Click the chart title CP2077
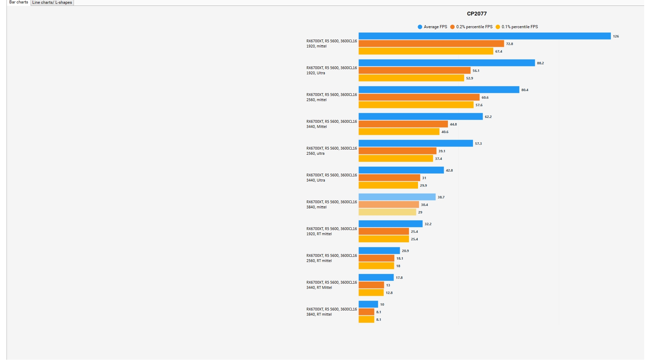[x=476, y=14]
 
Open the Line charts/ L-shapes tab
[x=52, y=2]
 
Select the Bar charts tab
[x=19, y=2]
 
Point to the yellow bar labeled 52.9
[x=411, y=78]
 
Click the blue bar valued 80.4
[x=439, y=90]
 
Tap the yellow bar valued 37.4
[x=396, y=159]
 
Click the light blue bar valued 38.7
[x=397, y=197]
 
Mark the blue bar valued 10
[x=368, y=304]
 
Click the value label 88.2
[x=540, y=63]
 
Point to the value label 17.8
[x=399, y=278]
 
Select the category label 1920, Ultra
[x=316, y=73]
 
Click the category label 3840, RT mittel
[x=319, y=314]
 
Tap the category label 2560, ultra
[x=315, y=153]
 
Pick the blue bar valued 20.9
[x=379, y=251]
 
